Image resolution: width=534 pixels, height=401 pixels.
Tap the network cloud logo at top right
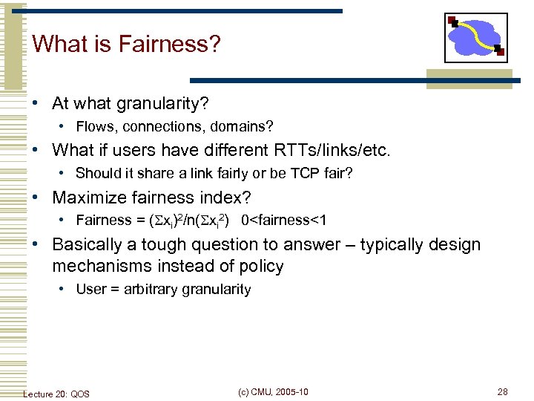476,37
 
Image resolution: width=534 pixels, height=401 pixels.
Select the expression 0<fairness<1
284,221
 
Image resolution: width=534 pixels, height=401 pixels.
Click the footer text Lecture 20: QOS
56,394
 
